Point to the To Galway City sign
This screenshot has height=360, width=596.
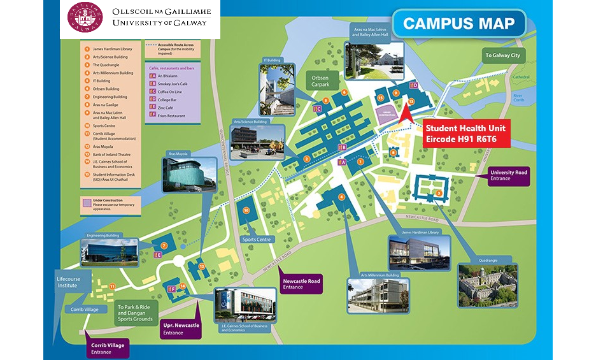pyautogui.click(x=502, y=55)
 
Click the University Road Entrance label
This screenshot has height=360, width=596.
pyautogui.click(x=509, y=176)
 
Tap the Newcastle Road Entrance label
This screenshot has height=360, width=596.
pyautogui.click(x=301, y=284)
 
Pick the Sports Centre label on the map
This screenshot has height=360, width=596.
pyautogui.click(x=256, y=240)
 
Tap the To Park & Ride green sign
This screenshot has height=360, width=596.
pyautogui.click(x=136, y=312)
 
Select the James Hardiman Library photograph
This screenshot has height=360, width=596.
pyautogui.click(x=420, y=252)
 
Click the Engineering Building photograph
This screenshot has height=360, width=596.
pyautogui.click(x=109, y=252)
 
